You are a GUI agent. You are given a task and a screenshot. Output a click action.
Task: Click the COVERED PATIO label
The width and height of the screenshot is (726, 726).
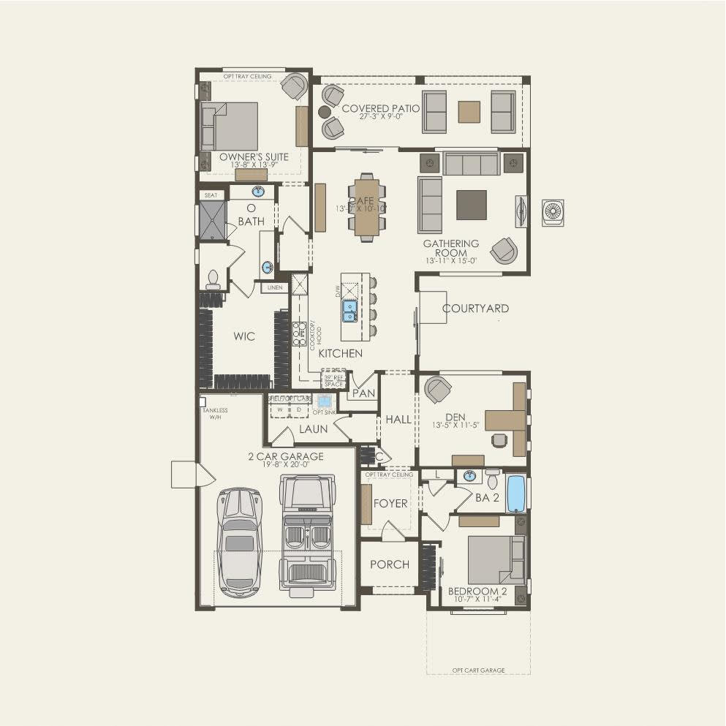381,109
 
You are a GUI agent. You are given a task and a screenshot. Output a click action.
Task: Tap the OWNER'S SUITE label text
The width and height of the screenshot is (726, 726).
254,157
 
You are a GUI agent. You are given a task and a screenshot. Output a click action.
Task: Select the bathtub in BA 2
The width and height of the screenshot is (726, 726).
515,494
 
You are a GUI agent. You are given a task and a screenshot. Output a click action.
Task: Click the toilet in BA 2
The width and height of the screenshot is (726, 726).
492,480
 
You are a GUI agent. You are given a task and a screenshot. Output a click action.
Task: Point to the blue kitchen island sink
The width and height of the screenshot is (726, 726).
350,311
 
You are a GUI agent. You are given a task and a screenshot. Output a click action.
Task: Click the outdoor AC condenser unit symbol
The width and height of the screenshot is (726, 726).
553,213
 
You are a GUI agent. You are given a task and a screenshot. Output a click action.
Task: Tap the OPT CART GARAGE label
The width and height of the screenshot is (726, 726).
478,670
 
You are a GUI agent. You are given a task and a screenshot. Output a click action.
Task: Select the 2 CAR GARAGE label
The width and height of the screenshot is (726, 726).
285,457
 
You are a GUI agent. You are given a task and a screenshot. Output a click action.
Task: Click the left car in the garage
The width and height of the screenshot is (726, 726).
239,542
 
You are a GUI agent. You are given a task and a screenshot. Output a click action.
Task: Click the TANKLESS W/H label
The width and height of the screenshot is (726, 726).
215,414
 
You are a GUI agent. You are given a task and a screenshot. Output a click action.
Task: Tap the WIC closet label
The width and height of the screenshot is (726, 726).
244,336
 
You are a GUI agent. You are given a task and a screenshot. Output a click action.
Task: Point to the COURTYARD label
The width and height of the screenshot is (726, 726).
475,309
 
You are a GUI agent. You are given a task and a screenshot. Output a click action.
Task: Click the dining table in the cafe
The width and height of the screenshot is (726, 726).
368,206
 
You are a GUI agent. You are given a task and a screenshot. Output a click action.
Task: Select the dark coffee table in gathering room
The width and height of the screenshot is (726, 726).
471,205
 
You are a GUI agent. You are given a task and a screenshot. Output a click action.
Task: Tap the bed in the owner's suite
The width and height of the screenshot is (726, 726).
232,126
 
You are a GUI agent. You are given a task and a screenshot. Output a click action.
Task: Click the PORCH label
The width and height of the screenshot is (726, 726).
389,564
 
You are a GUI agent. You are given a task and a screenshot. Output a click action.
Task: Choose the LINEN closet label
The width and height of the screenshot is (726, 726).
275,288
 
